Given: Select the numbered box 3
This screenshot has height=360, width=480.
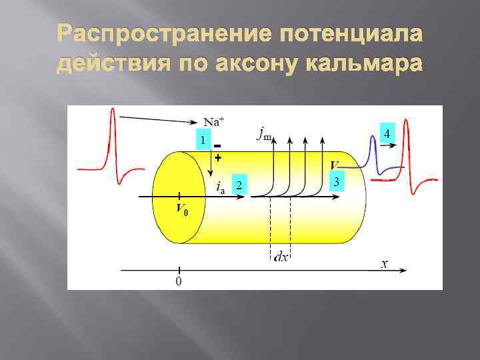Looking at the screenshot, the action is point(337,181).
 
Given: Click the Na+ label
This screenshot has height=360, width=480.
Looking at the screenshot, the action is point(213,121).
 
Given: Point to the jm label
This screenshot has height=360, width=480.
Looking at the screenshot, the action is point(264,134).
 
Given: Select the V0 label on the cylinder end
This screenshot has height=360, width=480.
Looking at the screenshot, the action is point(181,208).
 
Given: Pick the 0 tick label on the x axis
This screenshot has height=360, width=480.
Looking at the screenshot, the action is point(178,282).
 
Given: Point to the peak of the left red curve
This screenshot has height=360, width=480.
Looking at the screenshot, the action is point(113,111).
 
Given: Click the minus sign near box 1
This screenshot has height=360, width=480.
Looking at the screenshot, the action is point(218,147).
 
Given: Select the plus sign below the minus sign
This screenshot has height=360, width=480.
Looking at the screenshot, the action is point(217,159).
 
